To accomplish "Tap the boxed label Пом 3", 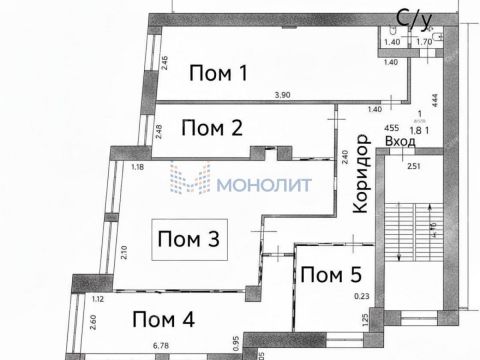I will coord(188,240).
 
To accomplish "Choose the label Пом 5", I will coord(330,275).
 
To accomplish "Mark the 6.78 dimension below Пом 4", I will coord(160,347).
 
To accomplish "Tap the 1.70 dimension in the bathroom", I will coord(424,43).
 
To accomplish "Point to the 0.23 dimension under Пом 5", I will coord(363,296).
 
